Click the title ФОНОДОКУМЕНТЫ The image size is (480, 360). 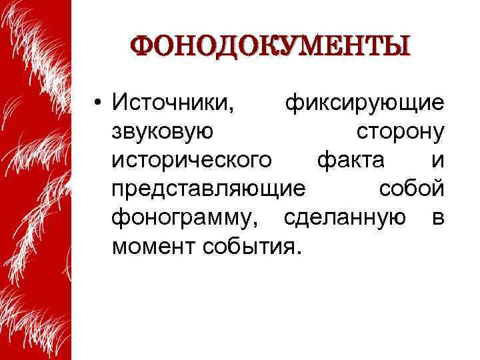(270, 46)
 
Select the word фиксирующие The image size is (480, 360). (364, 104)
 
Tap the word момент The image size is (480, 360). (150, 248)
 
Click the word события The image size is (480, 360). (252, 248)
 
